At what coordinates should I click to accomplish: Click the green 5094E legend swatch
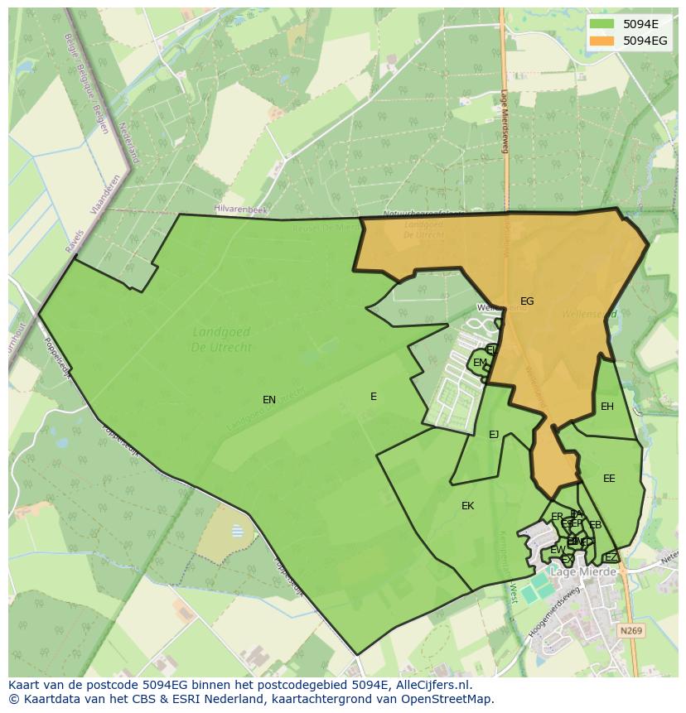[602, 24]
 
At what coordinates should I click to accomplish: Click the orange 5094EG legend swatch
[602, 41]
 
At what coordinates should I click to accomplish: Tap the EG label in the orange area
[527, 301]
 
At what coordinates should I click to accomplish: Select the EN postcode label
[269, 400]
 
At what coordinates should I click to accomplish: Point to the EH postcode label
[607, 407]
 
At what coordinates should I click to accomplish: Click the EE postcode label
[609, 479]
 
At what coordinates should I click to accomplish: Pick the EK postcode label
[468, 506]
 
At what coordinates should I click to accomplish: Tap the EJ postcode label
[494, 435]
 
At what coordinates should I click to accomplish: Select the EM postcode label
[480, 363]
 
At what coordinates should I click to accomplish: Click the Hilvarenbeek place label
[241, 210]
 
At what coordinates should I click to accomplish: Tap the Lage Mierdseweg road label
[505, 122]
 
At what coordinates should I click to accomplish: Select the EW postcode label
[558, 550]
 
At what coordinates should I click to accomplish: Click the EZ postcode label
[611, 557]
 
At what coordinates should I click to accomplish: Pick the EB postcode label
[595, 525]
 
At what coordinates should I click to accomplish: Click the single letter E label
[374, 397]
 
